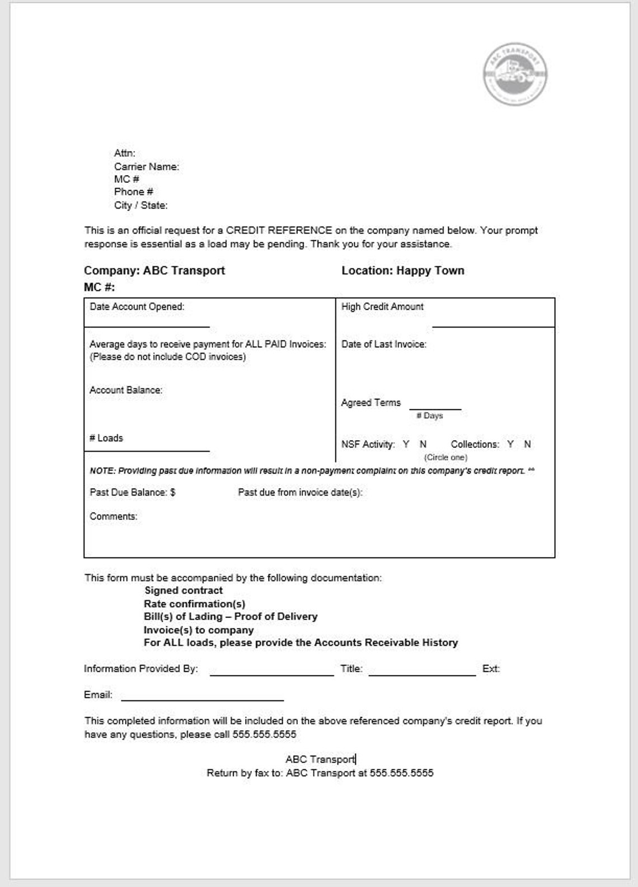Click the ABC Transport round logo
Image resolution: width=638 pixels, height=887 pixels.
click(x=515, y=74)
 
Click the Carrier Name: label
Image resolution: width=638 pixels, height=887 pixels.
click(x=146, y=166)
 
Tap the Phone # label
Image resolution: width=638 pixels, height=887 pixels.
click(x=133, y=192)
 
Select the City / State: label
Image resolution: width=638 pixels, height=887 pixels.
click(x=140, y=205)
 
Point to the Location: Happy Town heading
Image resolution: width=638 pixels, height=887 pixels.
click(x=402, y=271)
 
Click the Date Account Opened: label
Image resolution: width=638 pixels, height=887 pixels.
click(x=137, y=306)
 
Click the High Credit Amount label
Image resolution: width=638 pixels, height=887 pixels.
click(x=382, y=306)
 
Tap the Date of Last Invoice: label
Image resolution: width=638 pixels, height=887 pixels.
click(x=383, y=345)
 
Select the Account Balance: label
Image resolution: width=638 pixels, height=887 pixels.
click(x=125, y=390)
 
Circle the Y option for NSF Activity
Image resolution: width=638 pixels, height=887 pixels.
click(x=406, y=444)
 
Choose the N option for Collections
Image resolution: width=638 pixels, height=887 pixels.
click(x=527, y=444)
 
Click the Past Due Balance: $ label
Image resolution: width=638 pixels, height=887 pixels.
click(x=132, y=493)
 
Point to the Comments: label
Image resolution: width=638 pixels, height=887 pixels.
click(x=113, y=517)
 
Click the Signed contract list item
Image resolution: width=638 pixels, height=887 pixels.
click(x=184, y=591)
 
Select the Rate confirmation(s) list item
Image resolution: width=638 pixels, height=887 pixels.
click(x=194, y=604)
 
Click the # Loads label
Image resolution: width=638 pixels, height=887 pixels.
click(x=106, y=438)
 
